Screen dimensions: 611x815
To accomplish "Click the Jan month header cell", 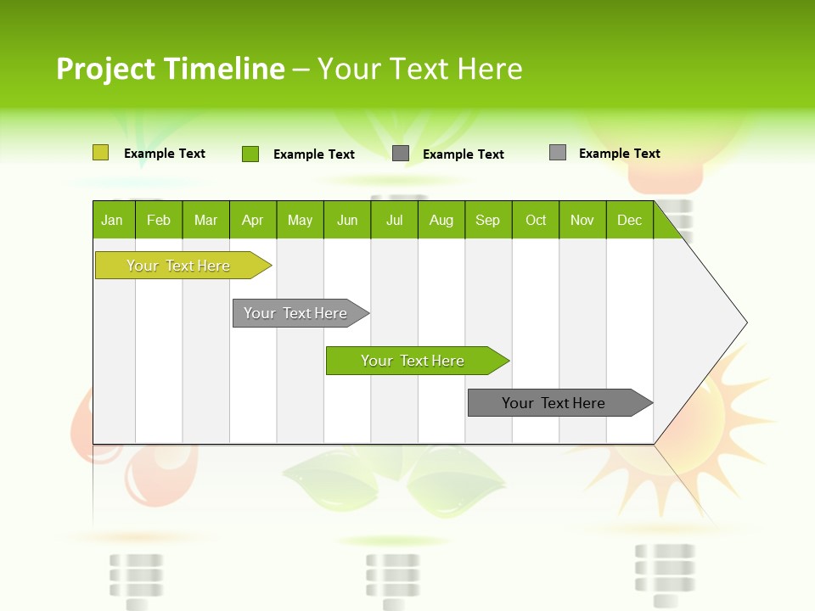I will click(x=113, y=220).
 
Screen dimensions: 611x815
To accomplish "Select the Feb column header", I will click(x=159, y=220).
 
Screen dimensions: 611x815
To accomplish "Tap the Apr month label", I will click(x=253, y=220).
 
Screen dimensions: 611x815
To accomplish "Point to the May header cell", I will click(x=300, y=220).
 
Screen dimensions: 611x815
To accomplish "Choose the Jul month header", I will click(x=394, y=220).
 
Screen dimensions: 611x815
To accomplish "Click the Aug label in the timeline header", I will click(x=441, y=220).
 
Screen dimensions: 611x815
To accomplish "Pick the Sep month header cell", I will click(x=488, y=220).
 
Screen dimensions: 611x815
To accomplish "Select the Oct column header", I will click(x=536, y=220).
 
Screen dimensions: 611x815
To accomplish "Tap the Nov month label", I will click(x=582, y=220).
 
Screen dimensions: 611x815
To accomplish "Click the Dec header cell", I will click(x=629, y=220).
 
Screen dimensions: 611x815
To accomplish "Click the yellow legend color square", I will click(x=101, y=153).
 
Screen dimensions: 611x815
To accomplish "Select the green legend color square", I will click(x=250, y=154).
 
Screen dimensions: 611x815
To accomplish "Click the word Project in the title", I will click(x=105, y=69).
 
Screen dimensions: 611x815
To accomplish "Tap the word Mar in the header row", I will click(x=205, y=220).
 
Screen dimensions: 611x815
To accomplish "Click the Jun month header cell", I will click(x=347, y=220).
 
